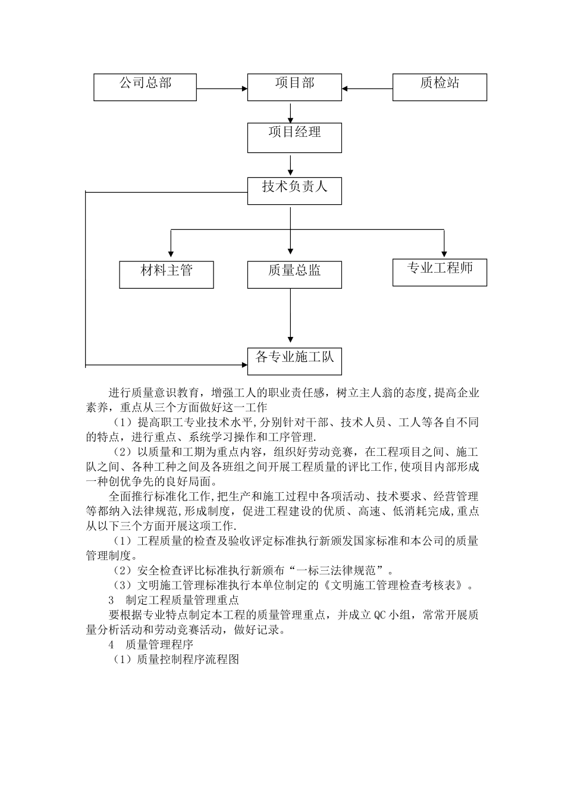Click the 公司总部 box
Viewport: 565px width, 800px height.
pyautogui.click(x=145, y=87)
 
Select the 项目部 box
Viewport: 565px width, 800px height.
pyautogui.click(x=294, y=87)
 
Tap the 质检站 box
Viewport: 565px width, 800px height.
pyautogui.click(x=440, y=87)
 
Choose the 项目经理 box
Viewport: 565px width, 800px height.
pyautogui.click(x=294, y=137)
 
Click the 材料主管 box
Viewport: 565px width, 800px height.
pyautogui.click(x=167, y=274)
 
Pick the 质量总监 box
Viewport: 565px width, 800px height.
pyautogui.click(x=294, y=274)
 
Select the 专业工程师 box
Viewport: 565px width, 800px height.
pyautogui.click(x=440, y=272)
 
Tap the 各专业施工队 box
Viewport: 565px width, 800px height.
pyautogui.click(x=294, y=361)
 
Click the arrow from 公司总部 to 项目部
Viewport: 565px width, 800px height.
pyautogui.click(x=222, y=89)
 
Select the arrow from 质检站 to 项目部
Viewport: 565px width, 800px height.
pyautogui.click(x=368, y=89)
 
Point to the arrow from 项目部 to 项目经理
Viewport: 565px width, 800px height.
pyautogui.click(x=290, y=112)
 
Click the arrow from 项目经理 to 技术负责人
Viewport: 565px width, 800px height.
pyautogui.click(x=290, y=164)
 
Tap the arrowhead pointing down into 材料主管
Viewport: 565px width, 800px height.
pyautogui.click(x=171, y=254)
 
